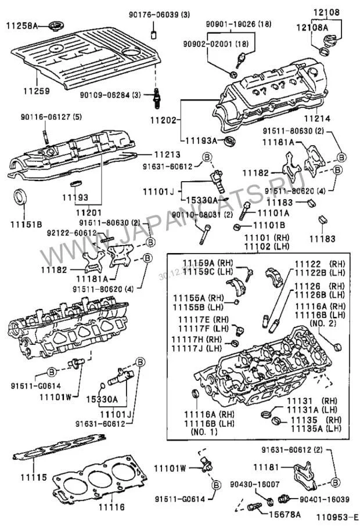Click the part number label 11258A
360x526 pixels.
click(21, 26)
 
